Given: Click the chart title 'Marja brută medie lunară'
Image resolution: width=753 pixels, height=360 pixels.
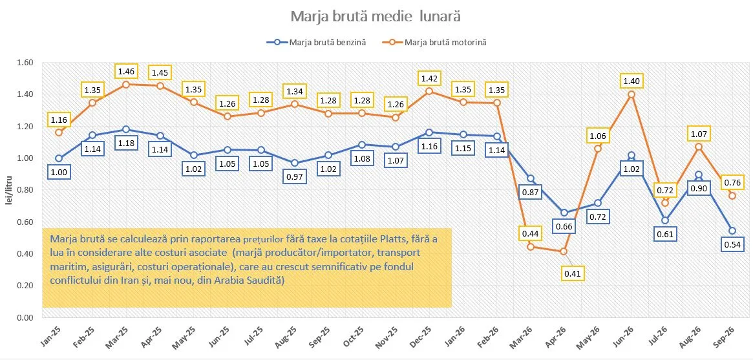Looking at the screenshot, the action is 376,16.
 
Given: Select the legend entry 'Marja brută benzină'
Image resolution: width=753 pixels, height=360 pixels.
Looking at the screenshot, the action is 317,42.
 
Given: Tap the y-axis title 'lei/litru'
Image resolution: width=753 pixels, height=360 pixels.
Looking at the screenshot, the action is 8,202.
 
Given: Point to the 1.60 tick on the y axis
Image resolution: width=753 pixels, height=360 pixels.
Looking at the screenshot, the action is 25,63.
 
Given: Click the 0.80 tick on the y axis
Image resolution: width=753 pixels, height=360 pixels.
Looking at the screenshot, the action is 25,190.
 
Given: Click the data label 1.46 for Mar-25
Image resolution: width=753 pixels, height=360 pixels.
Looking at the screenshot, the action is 126,72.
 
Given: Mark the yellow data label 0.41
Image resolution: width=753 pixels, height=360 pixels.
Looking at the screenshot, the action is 572,273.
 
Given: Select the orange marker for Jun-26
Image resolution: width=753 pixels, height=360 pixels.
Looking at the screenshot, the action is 631,94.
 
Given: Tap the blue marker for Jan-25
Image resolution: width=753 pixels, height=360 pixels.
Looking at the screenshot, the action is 59,158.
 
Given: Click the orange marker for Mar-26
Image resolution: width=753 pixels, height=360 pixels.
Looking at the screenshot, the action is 531,247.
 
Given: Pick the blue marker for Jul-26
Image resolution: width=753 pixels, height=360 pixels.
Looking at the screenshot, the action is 665,220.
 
